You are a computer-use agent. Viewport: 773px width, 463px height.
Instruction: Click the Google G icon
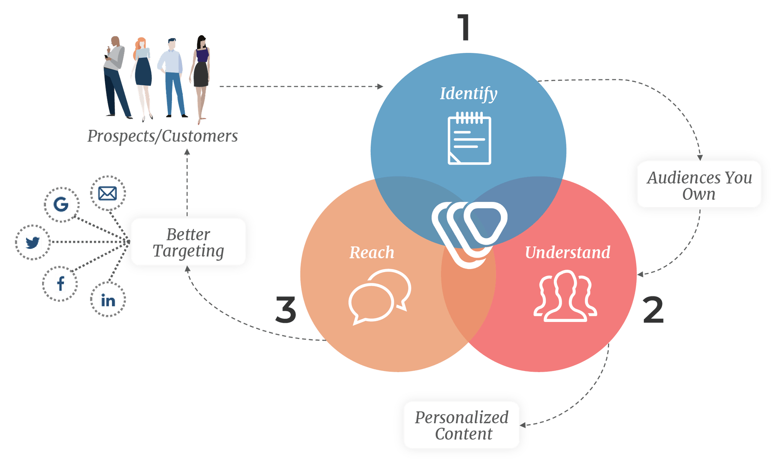pyautogui.click(x=61, y=204)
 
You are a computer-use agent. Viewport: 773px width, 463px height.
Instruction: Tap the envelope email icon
pyautogui.click(x=107, y=193)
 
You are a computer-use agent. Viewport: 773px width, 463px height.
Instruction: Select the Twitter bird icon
pyautogui.click(x=32, y=242)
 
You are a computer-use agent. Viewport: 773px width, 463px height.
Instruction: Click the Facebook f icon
pyautogui.click(x=60, y=284)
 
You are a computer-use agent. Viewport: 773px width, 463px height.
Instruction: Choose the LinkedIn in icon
pyautogui.click(x=108, y=300)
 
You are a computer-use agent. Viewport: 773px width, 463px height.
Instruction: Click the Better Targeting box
pyautogui.click(x=188, y=242)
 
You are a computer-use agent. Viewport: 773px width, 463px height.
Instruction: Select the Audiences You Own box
pyautogui.click(x=699, y=185)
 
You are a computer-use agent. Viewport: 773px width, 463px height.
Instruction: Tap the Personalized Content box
pyautogui.click(x=461, y=425)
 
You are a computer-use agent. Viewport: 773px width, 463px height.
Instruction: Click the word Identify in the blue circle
pyautogui.click(x=468, y=94)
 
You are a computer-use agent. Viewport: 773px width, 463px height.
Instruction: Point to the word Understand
pyautogui.click(x=567, y=252)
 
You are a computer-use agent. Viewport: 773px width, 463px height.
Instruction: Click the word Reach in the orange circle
pyautogui.click(x=372, y=252)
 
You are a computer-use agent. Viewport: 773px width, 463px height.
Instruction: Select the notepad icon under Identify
pyautogui.click(x=469, y=139)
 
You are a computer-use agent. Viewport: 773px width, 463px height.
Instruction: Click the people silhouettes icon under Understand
pyautogui.click(x=565, y=297)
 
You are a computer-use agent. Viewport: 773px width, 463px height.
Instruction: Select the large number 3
pyautogui.click(x=286, y=310)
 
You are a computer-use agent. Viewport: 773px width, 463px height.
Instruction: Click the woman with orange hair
pyautogui.click(x=142, y=77)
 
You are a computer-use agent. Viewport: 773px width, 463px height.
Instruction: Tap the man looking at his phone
pyautogui.click(x=115, y=77)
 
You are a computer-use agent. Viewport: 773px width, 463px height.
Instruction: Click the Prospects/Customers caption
pyautogui.click(x=162, y=136)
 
